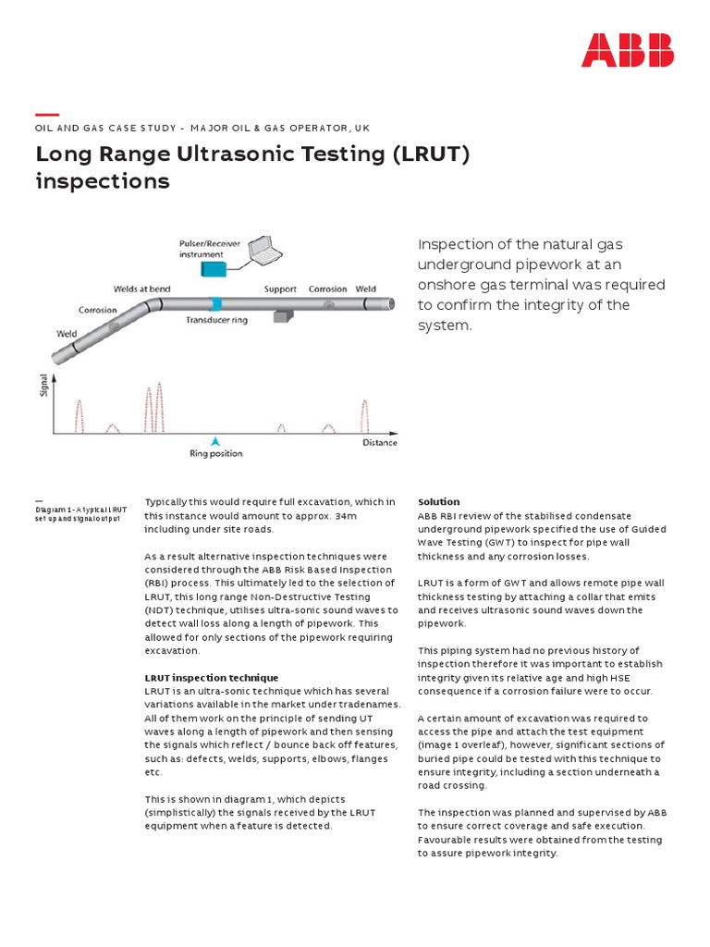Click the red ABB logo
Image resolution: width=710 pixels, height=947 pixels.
tap(627, 50)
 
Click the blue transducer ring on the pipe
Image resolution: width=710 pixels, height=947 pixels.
tap(216, 303)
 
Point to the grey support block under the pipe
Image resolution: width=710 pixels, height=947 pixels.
tap(283, 316)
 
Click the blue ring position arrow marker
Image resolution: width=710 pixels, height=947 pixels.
tap(215, 441)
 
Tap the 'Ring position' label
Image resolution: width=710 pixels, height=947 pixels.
tap(216, 454)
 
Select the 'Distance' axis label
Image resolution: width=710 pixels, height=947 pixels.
tap(379, 442)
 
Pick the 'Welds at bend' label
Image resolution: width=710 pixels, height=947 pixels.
tap(144, 289)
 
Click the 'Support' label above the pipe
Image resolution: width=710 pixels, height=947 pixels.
tap(280, 289)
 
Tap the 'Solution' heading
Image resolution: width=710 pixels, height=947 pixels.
tap(438, 502)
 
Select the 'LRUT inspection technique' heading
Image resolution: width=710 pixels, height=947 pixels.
tap(211, 678)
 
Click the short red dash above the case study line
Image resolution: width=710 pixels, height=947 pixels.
tap(46, 115)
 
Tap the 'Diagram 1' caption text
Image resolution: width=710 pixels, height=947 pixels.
tap(81, 513)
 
